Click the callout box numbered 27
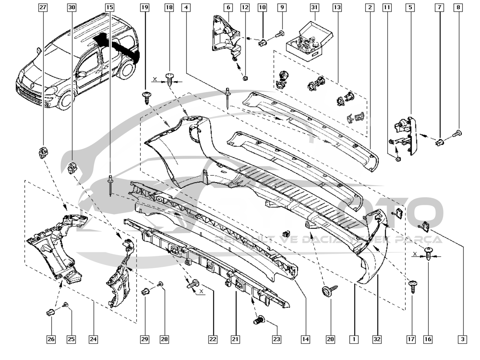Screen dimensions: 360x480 (43, 7)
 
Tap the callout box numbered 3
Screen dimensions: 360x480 (463, 339)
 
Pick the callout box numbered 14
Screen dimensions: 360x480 (305, 339)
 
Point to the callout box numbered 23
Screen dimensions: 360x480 (276, 339)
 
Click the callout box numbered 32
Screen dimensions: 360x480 (377, 339)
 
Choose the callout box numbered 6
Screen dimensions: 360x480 (228, 7)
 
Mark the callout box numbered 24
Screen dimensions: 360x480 (93, 339)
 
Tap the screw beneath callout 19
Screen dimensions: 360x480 (146, 98)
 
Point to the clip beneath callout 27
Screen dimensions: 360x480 (43, 153)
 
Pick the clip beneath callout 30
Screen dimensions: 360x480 (72, 168)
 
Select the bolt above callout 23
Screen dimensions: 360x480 (259, 320)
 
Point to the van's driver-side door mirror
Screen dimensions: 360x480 (81, 73)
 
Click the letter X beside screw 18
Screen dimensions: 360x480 (155, 79)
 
